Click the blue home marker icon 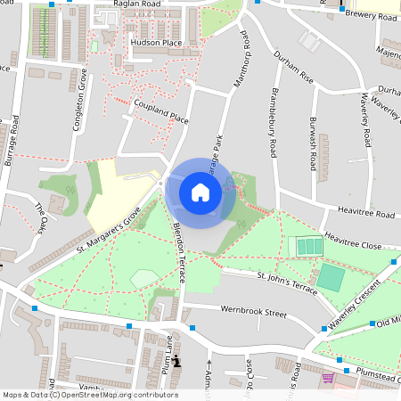coord(200,192)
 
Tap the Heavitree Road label coord(365,215)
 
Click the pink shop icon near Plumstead coord(328,378)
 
